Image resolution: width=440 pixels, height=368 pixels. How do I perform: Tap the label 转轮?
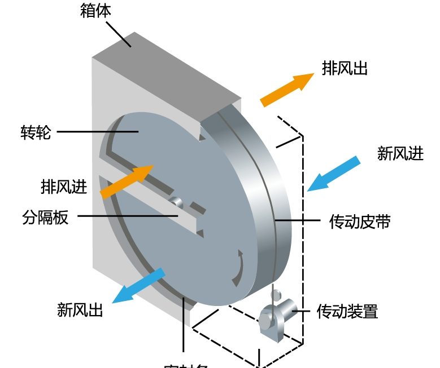click(x=34, y=133)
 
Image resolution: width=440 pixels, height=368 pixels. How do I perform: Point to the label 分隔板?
click(x=46, y=217)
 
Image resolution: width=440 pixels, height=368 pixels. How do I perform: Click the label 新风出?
click(x=80, y=309)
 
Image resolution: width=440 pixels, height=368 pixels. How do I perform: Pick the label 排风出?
click(x=345, y=68)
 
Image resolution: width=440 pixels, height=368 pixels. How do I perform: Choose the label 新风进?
click(x=400, y=153)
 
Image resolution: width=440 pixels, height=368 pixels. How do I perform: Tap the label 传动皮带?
click(x=359, y=221)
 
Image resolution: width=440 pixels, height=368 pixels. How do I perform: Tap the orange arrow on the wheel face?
click(x=127, y=181)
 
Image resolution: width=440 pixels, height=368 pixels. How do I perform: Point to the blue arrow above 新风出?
click(x=138, y=286)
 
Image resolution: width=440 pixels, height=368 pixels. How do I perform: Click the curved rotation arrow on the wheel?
click(x=239, y=269)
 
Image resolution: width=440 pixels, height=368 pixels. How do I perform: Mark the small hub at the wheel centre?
click(x=176, y=201)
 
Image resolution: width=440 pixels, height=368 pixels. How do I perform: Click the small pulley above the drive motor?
click(x=276, y=295)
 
